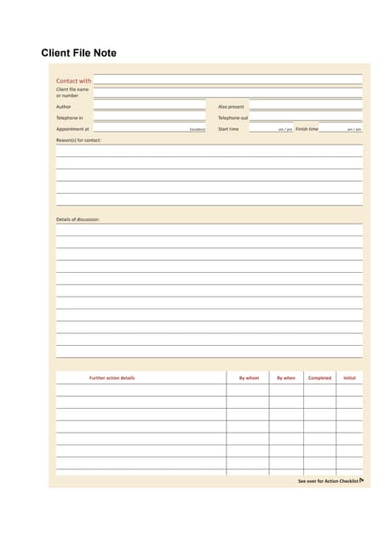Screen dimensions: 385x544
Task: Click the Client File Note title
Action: tap(79, 54)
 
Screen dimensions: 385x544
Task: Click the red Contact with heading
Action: tap(74, 81)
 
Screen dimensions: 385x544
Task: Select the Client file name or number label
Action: tap(72, 92)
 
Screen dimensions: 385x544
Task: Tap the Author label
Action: tap(64, 106)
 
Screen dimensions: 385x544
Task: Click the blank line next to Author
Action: tap(149, 108)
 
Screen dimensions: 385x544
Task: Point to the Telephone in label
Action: tap(70, 117)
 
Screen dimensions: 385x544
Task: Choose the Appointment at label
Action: tap(72, 129)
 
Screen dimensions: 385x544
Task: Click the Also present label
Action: tap(231, 106)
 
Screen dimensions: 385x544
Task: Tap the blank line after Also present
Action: tap(305, 108)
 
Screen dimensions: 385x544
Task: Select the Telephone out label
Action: tap(233, 117)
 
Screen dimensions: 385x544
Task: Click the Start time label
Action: tap(228, 129)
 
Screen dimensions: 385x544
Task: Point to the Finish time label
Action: tap(307, 129)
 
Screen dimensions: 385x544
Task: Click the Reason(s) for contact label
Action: tap(78, 140)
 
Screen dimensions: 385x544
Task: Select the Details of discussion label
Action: tap(78, 219)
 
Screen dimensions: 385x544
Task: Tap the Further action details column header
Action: tap(112, 377)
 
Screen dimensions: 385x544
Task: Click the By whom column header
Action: tap(248, 377)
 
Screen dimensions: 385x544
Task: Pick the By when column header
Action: tap(286, 377)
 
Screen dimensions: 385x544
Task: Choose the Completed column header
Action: tap(319, 377)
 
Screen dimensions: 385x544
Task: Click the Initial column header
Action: tap(349, 377)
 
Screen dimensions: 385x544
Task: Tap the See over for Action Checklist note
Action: tap(329, 481)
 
